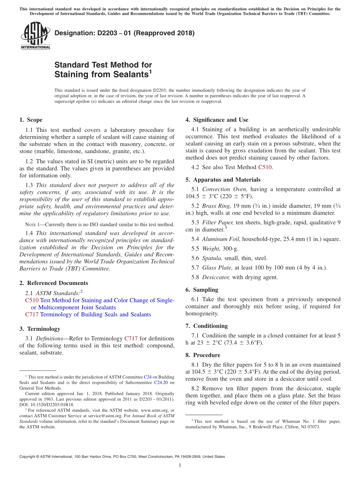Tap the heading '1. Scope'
click(31, 120)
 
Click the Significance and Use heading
click(217, 120)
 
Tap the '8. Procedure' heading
click(203, 355)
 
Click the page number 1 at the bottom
click(180, 465)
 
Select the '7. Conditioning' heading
click(207, 326)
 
